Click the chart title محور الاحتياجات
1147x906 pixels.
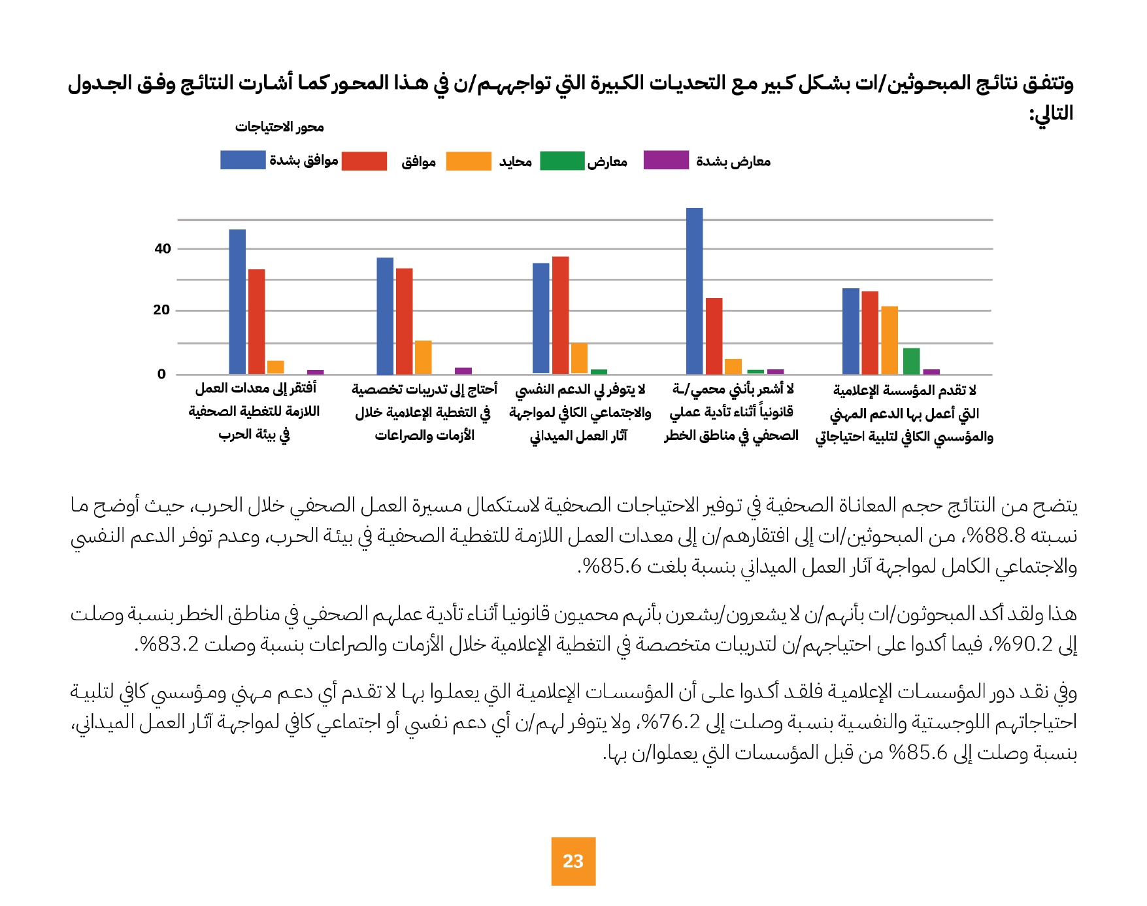coord(279,127)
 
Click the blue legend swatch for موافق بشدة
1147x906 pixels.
coord(242,160)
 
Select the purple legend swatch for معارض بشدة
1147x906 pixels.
coord(666,160)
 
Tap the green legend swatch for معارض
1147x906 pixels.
coord(562,161)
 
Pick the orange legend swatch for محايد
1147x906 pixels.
coord(468,161)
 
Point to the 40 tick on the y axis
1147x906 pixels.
coord(163,248)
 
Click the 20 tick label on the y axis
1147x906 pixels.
coord(161,310)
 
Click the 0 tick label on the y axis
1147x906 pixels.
coord(161,374)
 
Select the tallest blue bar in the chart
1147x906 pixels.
coord(694,291)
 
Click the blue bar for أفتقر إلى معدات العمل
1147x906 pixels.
coord(237,301)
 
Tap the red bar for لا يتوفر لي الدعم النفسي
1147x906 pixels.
coord(560,315)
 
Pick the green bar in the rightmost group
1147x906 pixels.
coord(911,361)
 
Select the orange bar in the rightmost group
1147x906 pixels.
coord(889,340)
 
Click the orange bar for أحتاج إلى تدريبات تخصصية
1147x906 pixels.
coord(423,357)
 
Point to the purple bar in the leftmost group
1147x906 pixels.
coord(315,372)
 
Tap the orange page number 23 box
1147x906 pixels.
coord(573,861)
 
